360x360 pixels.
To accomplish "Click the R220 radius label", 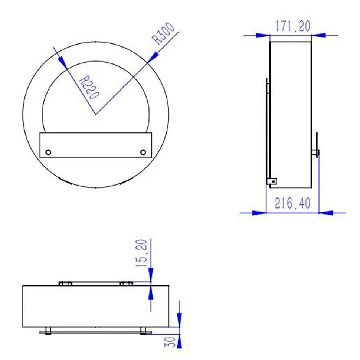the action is [89, 87].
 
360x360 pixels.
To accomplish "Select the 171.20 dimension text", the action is [293, 26].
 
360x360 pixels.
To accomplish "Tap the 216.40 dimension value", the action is [292, 203].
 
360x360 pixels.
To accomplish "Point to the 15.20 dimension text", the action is [141, 253].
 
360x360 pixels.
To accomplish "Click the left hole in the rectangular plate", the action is [48, 152].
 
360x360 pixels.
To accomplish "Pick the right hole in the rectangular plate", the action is [143, 152].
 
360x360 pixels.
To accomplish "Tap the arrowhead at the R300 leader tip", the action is [153, 57].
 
